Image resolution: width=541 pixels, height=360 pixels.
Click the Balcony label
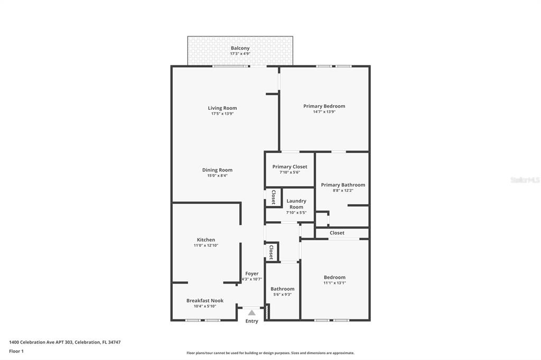pos(240,48)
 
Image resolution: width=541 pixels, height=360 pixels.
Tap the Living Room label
pos(222,108)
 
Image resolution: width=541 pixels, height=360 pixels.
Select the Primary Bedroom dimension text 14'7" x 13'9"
pos(324,112)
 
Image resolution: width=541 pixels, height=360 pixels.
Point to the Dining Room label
pos(217,170)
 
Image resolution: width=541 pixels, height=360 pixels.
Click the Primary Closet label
pos(290,167)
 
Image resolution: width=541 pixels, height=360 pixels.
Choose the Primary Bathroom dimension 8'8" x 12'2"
pos(343,191)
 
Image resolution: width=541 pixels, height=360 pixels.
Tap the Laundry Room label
pos(296,204)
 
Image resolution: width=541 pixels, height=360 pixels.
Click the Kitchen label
pos(206,240)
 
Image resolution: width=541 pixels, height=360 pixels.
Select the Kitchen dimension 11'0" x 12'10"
pos(206,245)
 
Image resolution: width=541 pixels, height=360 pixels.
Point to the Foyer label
pos(252,273)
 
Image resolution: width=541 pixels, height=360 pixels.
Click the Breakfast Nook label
pos(205,301)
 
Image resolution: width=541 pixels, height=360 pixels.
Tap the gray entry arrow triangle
pos(252,313)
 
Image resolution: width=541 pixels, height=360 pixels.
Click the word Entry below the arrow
pos(252,321)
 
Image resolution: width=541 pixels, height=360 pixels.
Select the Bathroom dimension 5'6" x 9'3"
pos(283,295)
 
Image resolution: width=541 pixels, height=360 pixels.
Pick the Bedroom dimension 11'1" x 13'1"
pos(334,283)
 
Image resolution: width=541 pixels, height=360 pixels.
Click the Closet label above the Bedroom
pos(337,233)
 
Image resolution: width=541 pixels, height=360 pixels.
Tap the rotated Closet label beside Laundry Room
pos(274,197)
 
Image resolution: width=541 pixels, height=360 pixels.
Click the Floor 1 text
pos(16,352)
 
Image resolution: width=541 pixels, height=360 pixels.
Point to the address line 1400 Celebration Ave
pos(65,343)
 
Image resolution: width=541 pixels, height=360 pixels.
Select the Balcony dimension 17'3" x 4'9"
pos(240,54)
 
